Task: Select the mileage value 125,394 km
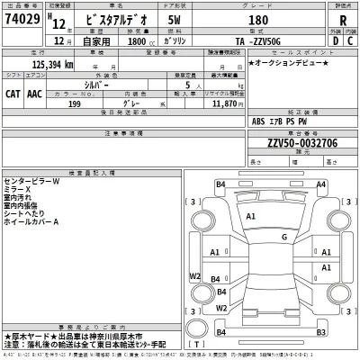(x=40, y=66)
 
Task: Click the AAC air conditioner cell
(x=34, y=91)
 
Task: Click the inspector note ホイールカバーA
(x=32, y=221)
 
